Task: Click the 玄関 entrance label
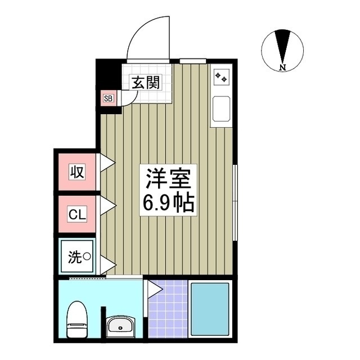(146, 83)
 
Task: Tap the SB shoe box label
(108, 98)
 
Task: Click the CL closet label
(77, 214)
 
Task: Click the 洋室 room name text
(168, 179)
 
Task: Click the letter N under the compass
(282, 68)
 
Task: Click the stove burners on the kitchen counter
(221, 78)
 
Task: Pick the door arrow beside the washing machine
(107, 263)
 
